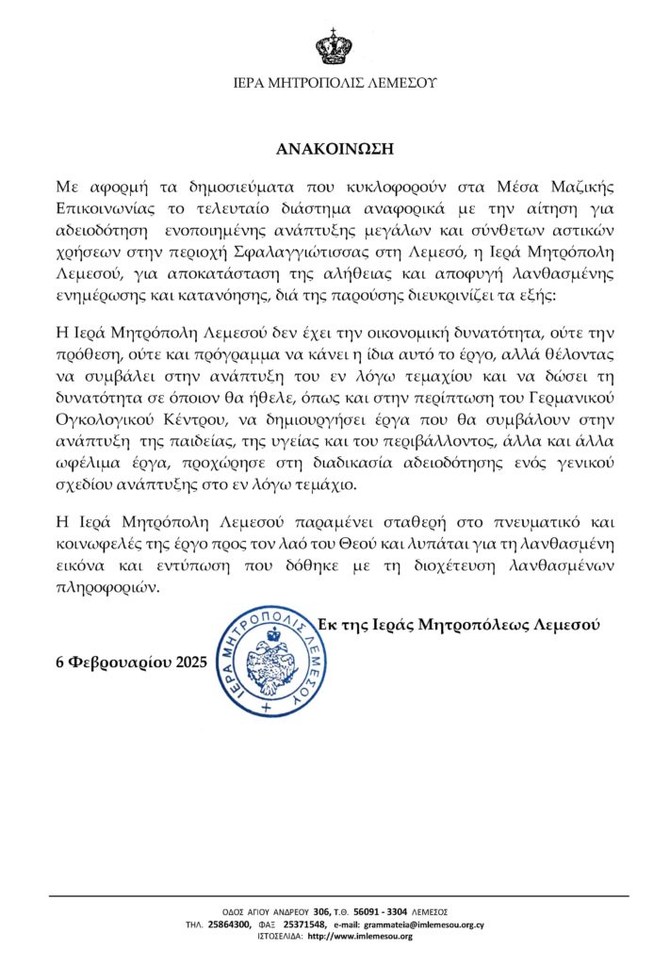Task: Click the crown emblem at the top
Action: pos(335,45)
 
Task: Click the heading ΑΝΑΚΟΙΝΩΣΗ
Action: pos(335,149)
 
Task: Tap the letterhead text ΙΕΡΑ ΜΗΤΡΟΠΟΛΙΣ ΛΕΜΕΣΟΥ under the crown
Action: pos(335,83)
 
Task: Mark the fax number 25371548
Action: pos(304,924)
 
